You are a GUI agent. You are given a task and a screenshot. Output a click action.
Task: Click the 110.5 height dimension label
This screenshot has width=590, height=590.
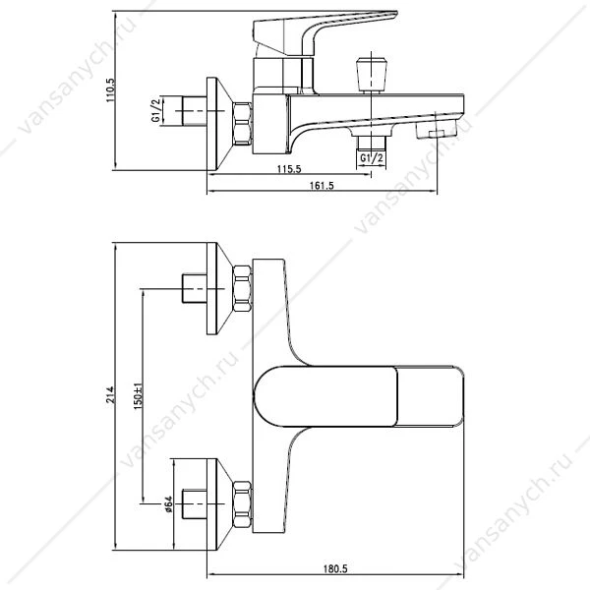coord(110,90)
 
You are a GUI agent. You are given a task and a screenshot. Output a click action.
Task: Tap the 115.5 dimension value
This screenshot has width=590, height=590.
coord(289,169)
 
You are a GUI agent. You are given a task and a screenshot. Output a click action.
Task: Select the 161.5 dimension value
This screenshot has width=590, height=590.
coord(322,186)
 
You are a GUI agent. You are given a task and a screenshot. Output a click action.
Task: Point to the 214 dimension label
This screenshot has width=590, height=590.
coord(110,394)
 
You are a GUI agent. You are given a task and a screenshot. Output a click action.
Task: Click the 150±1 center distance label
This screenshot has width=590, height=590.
coord(138,396)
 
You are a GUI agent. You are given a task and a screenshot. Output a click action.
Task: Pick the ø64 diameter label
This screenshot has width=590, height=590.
coord(168,503)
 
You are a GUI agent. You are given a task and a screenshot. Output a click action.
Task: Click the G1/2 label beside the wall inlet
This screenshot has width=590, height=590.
coord(156,109)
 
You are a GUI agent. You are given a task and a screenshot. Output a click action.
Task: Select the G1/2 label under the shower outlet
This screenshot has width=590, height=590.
coord(372,158)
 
